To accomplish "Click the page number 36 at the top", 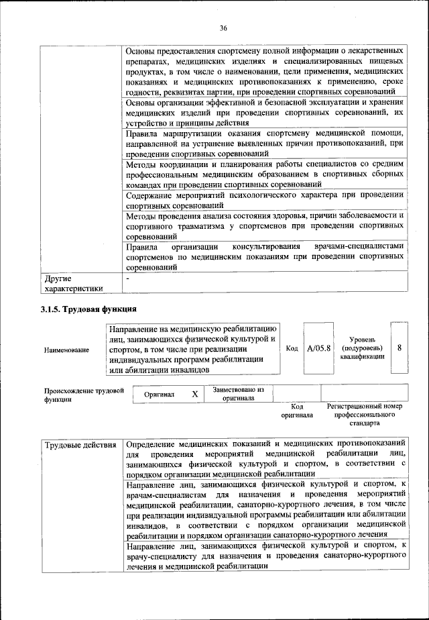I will tap(223, 28).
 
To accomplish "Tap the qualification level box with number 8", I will tap(400, 349).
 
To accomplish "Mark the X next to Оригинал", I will tap(194, 395).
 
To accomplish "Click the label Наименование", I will tap(66, 350).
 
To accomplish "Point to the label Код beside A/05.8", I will tap(292, 349).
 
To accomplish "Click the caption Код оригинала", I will tap(297, 411).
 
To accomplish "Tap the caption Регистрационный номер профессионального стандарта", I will tap(364, 415).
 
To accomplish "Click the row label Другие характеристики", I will tap(73, 283).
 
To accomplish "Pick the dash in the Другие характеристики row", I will tap(127, 278).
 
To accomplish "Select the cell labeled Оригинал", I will tap(160, 395).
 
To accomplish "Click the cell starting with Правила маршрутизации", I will tap(264, 142).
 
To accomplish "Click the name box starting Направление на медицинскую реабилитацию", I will tap(193, 349).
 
